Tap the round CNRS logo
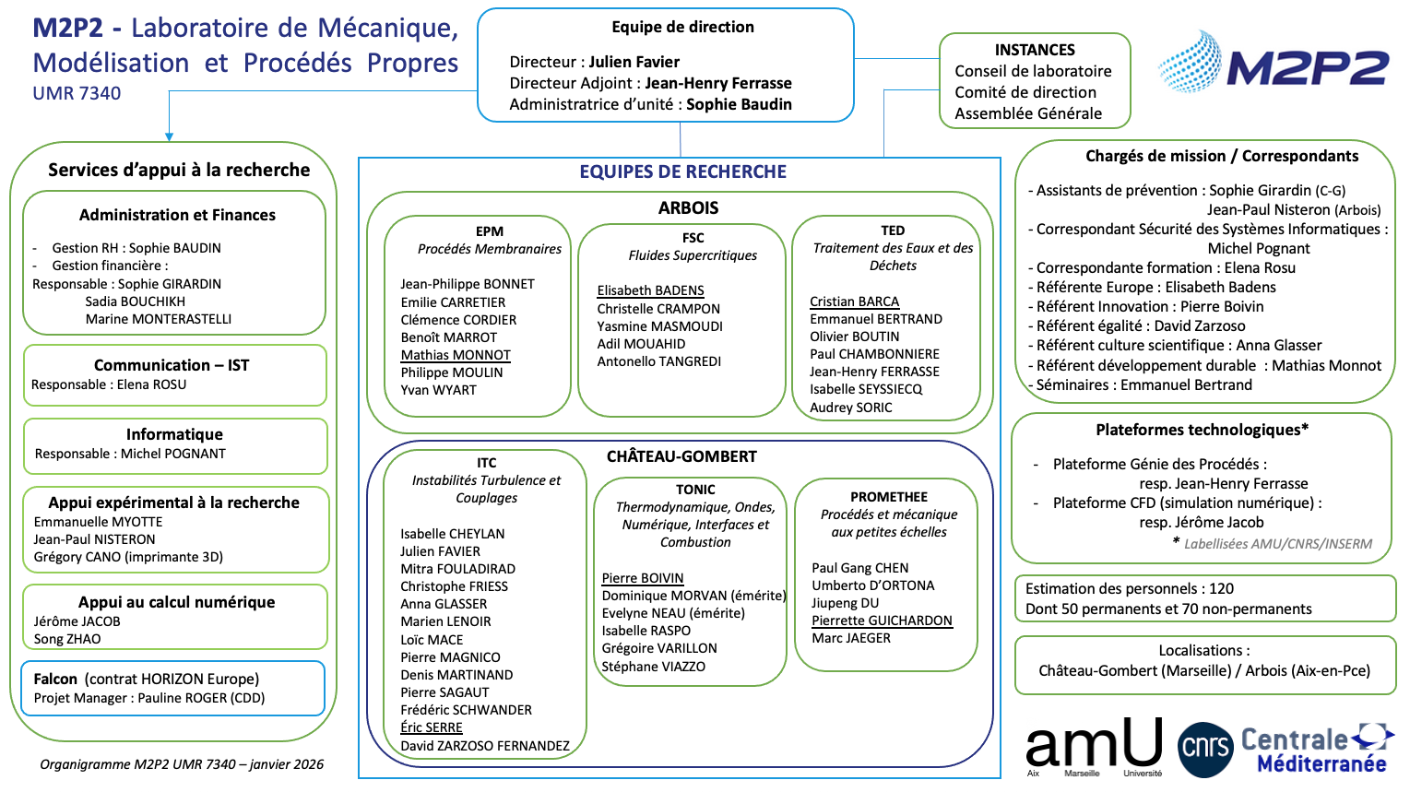coord(1205,749)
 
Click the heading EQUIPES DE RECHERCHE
coord(682,171)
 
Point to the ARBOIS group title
coord(688,208)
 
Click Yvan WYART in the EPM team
coord(438,390)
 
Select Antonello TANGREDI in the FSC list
coord(658,361)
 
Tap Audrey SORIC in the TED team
coord(850,408)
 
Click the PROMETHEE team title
coord(888,497)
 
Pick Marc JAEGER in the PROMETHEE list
coord(850,638)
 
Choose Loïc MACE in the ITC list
coord(432,640)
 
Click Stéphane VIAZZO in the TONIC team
coord(653,667)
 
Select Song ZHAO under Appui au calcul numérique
coord(67,639)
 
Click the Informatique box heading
coord(174,434)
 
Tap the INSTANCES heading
coord(1034,50)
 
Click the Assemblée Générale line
coord(1028,113)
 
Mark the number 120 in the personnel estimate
coord(1221,588)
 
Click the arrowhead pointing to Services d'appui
coord(170,136)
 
